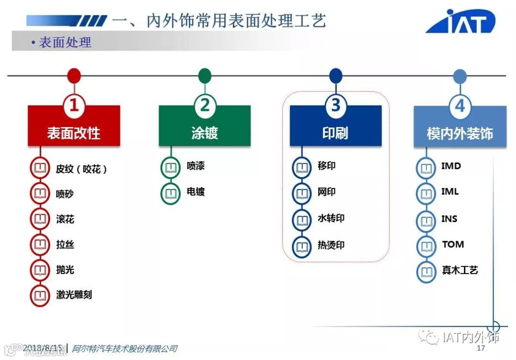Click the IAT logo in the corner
click(x=460, y=21)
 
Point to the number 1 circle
click(x=74, y=106)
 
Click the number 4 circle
click(x=460, y=106)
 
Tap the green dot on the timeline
click(x=205, y=75)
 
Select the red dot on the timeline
click(x=74, y=75)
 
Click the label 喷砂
click(x=65, y=194)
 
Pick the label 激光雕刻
click(x=74, y=295)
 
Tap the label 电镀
click(x=196, y=192)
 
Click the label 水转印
click(x=331, y=219)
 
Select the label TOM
click(x=452, y=244)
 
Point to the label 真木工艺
click(x=460, y=270)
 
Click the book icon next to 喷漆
click(x=171, y=168)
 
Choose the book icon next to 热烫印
click(x=301, y=247)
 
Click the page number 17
click(x=481, y=348)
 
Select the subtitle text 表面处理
click(x=65, y=42)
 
